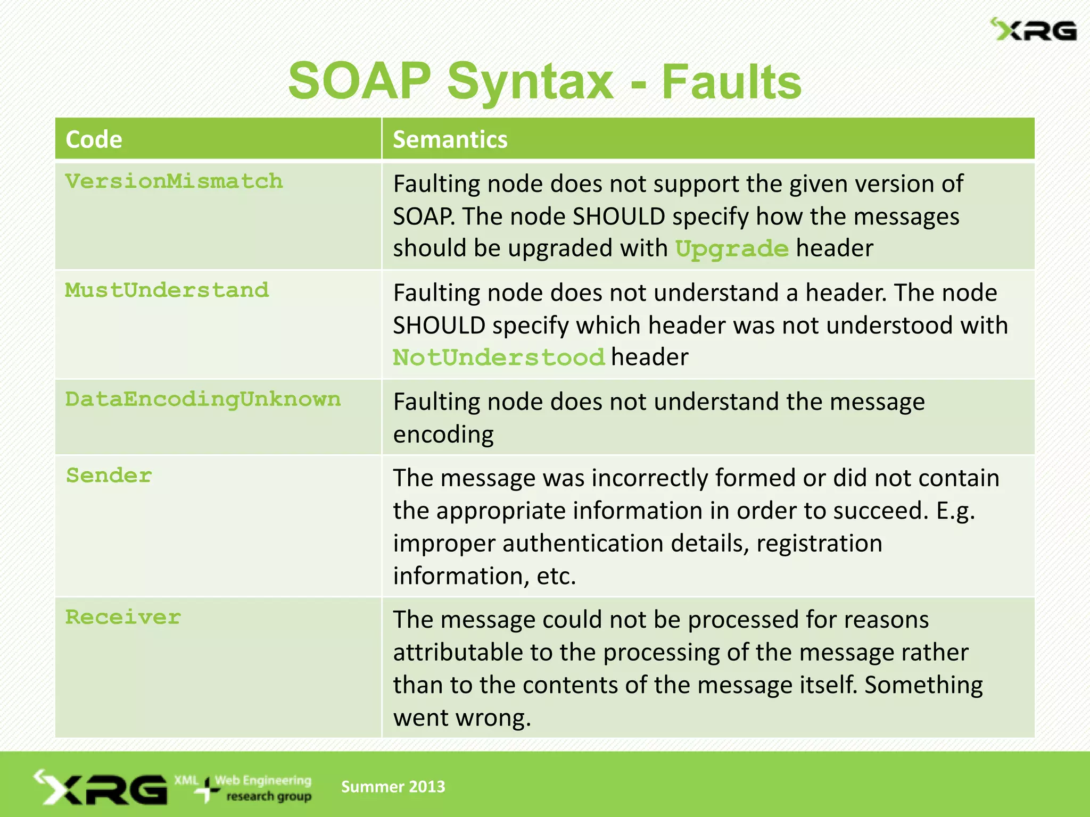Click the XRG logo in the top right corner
[1034, 30]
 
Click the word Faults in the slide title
[731, 82]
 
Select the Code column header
[94, 139]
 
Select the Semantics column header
[450, 139]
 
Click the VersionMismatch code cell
[174, 182]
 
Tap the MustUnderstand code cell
[167, 290]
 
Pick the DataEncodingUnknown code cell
[203, 399]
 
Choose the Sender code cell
[109, 476]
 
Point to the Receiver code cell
[123, 618]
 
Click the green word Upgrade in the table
[731, 249]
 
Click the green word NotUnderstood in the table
[499, 357]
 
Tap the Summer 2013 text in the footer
[393, 787]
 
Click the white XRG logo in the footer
[101, 788]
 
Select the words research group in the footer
[269, 797]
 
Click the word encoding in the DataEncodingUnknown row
[443, 435]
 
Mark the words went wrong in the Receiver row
[462, 718]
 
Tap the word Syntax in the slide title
[530, 82]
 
